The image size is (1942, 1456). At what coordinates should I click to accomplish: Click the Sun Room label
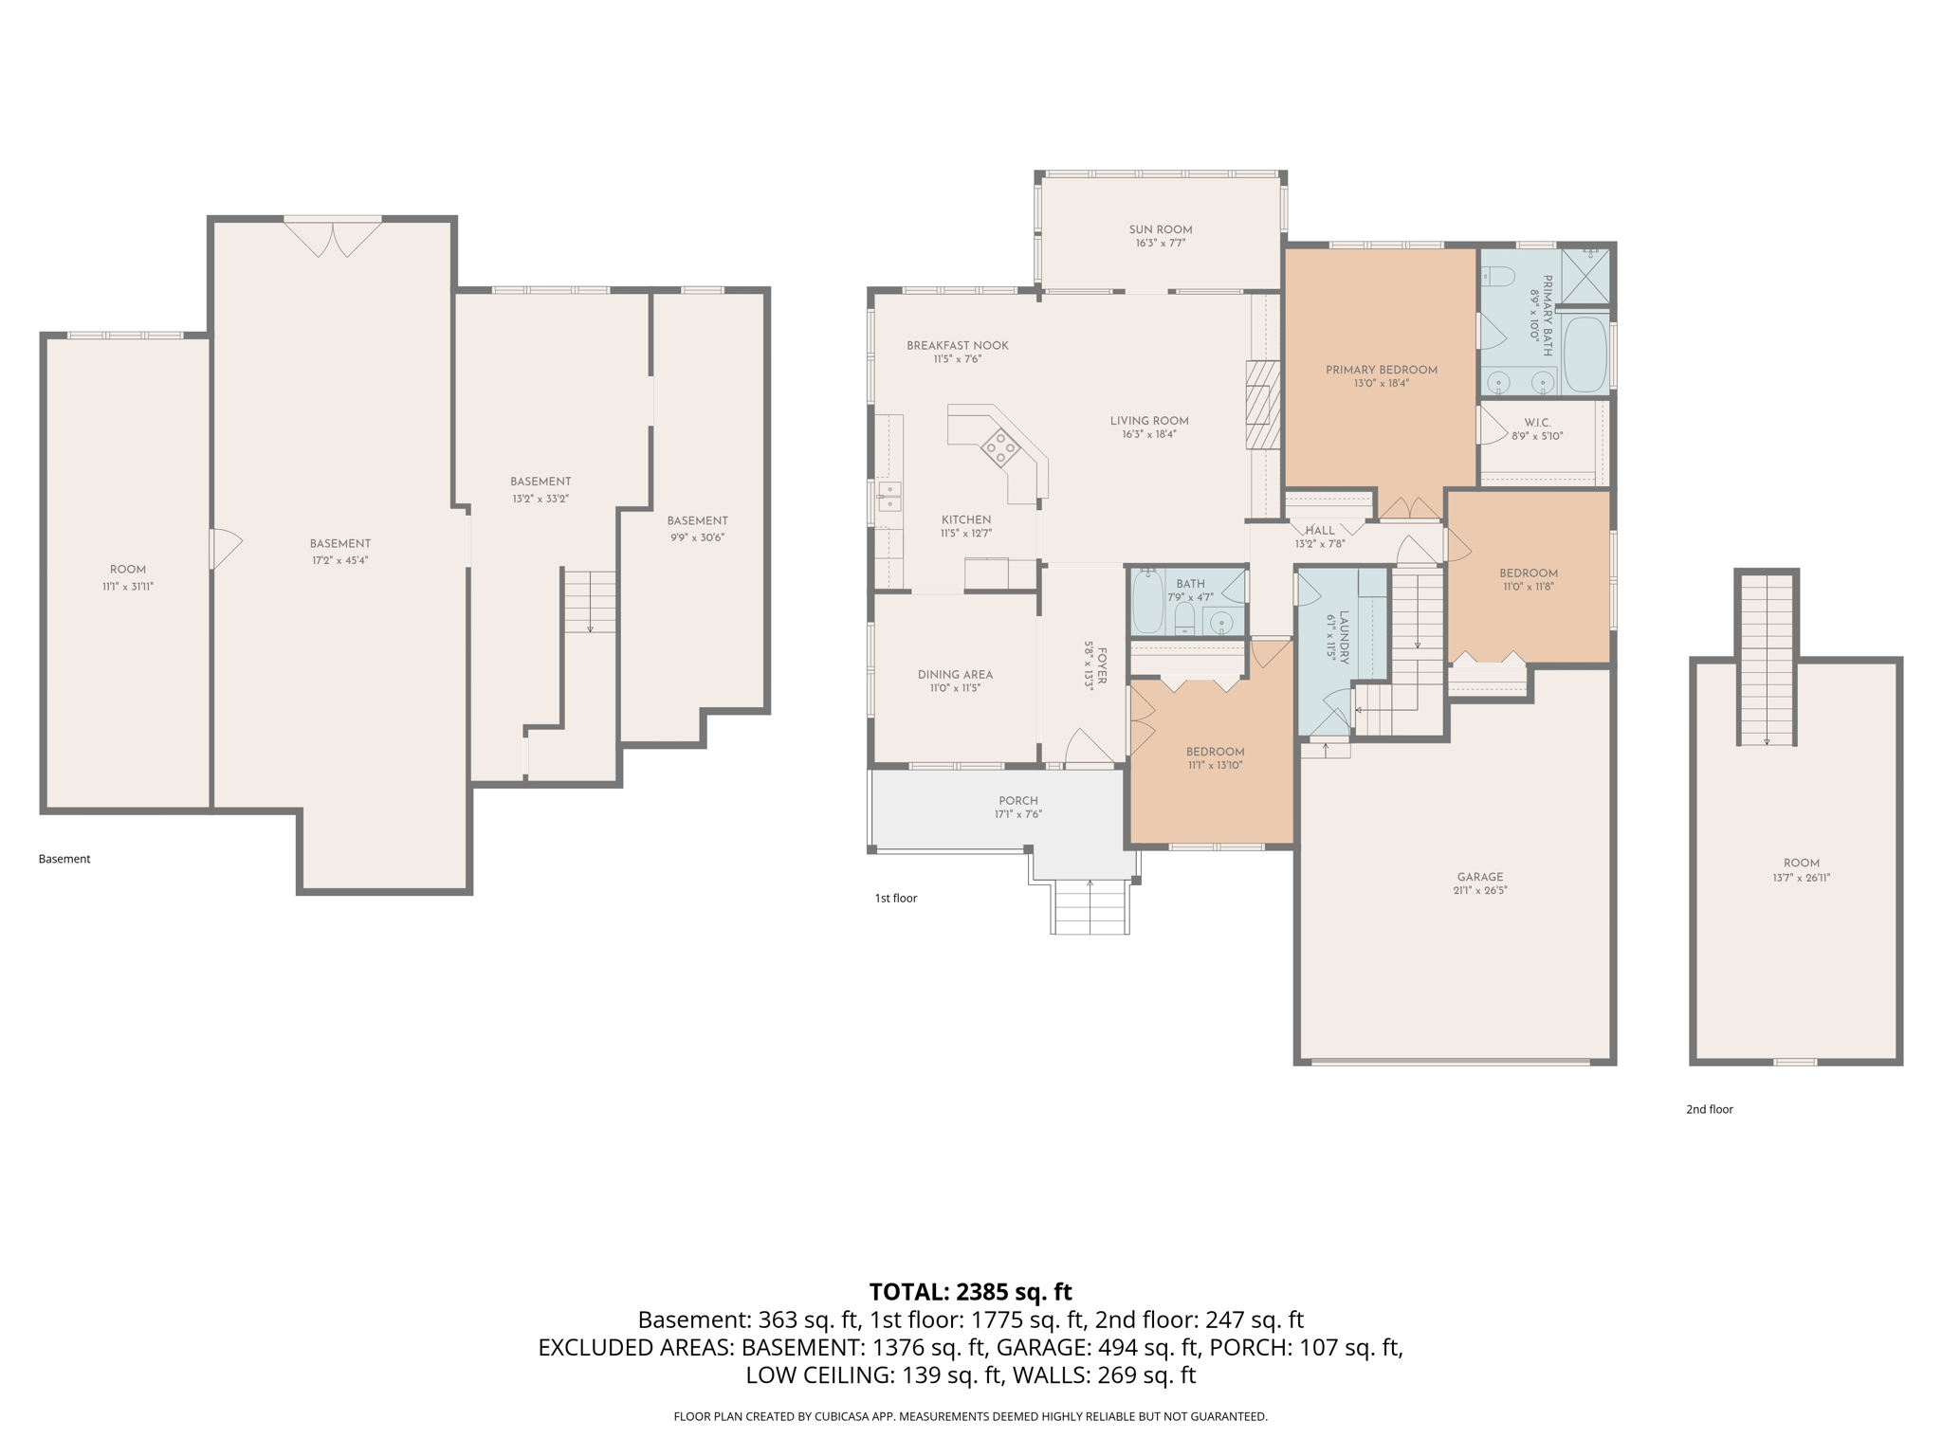1160,229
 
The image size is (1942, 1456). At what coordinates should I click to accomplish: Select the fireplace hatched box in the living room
1262,405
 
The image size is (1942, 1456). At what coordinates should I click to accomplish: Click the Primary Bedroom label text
1381,370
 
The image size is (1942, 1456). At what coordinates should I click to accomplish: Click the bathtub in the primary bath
1585,355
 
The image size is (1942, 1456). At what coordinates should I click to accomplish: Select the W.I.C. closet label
1537,423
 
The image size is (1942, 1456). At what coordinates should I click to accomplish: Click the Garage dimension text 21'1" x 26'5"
1479,890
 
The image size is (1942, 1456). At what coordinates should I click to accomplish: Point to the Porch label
1017,800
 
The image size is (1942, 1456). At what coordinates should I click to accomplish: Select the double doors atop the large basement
333,238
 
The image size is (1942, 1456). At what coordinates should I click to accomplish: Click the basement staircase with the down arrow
590,601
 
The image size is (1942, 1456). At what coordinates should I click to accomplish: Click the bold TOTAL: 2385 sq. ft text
970,1291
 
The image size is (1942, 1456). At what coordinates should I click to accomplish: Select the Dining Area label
955,675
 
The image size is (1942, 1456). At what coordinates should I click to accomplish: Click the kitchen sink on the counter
889,496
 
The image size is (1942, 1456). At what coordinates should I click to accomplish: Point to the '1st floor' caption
895,898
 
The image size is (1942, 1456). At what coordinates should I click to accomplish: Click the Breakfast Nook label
957,345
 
